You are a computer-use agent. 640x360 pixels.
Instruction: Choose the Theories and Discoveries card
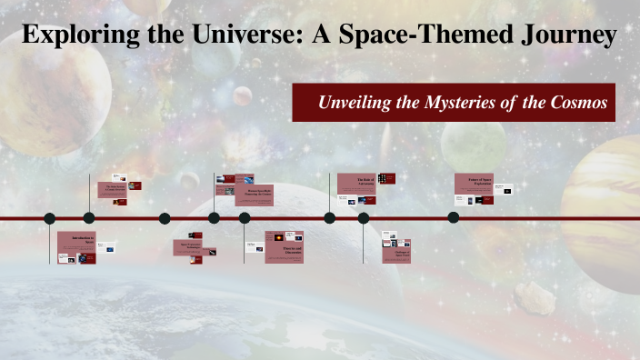click(283, 247)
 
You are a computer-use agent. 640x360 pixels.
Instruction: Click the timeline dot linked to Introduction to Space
click(50, 218)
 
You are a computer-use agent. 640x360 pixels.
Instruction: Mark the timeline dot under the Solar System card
click(89, 218)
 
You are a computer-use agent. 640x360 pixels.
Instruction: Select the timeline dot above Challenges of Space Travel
click(364, 218)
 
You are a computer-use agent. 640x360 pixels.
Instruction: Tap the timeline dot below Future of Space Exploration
click(454, 217)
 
